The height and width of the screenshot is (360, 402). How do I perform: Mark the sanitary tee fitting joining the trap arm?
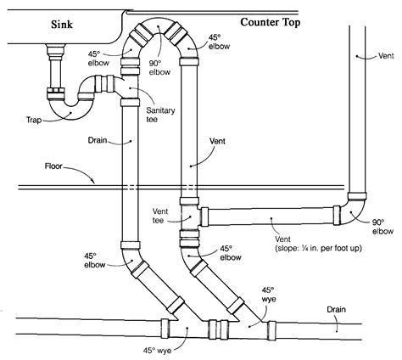click(129, 87)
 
